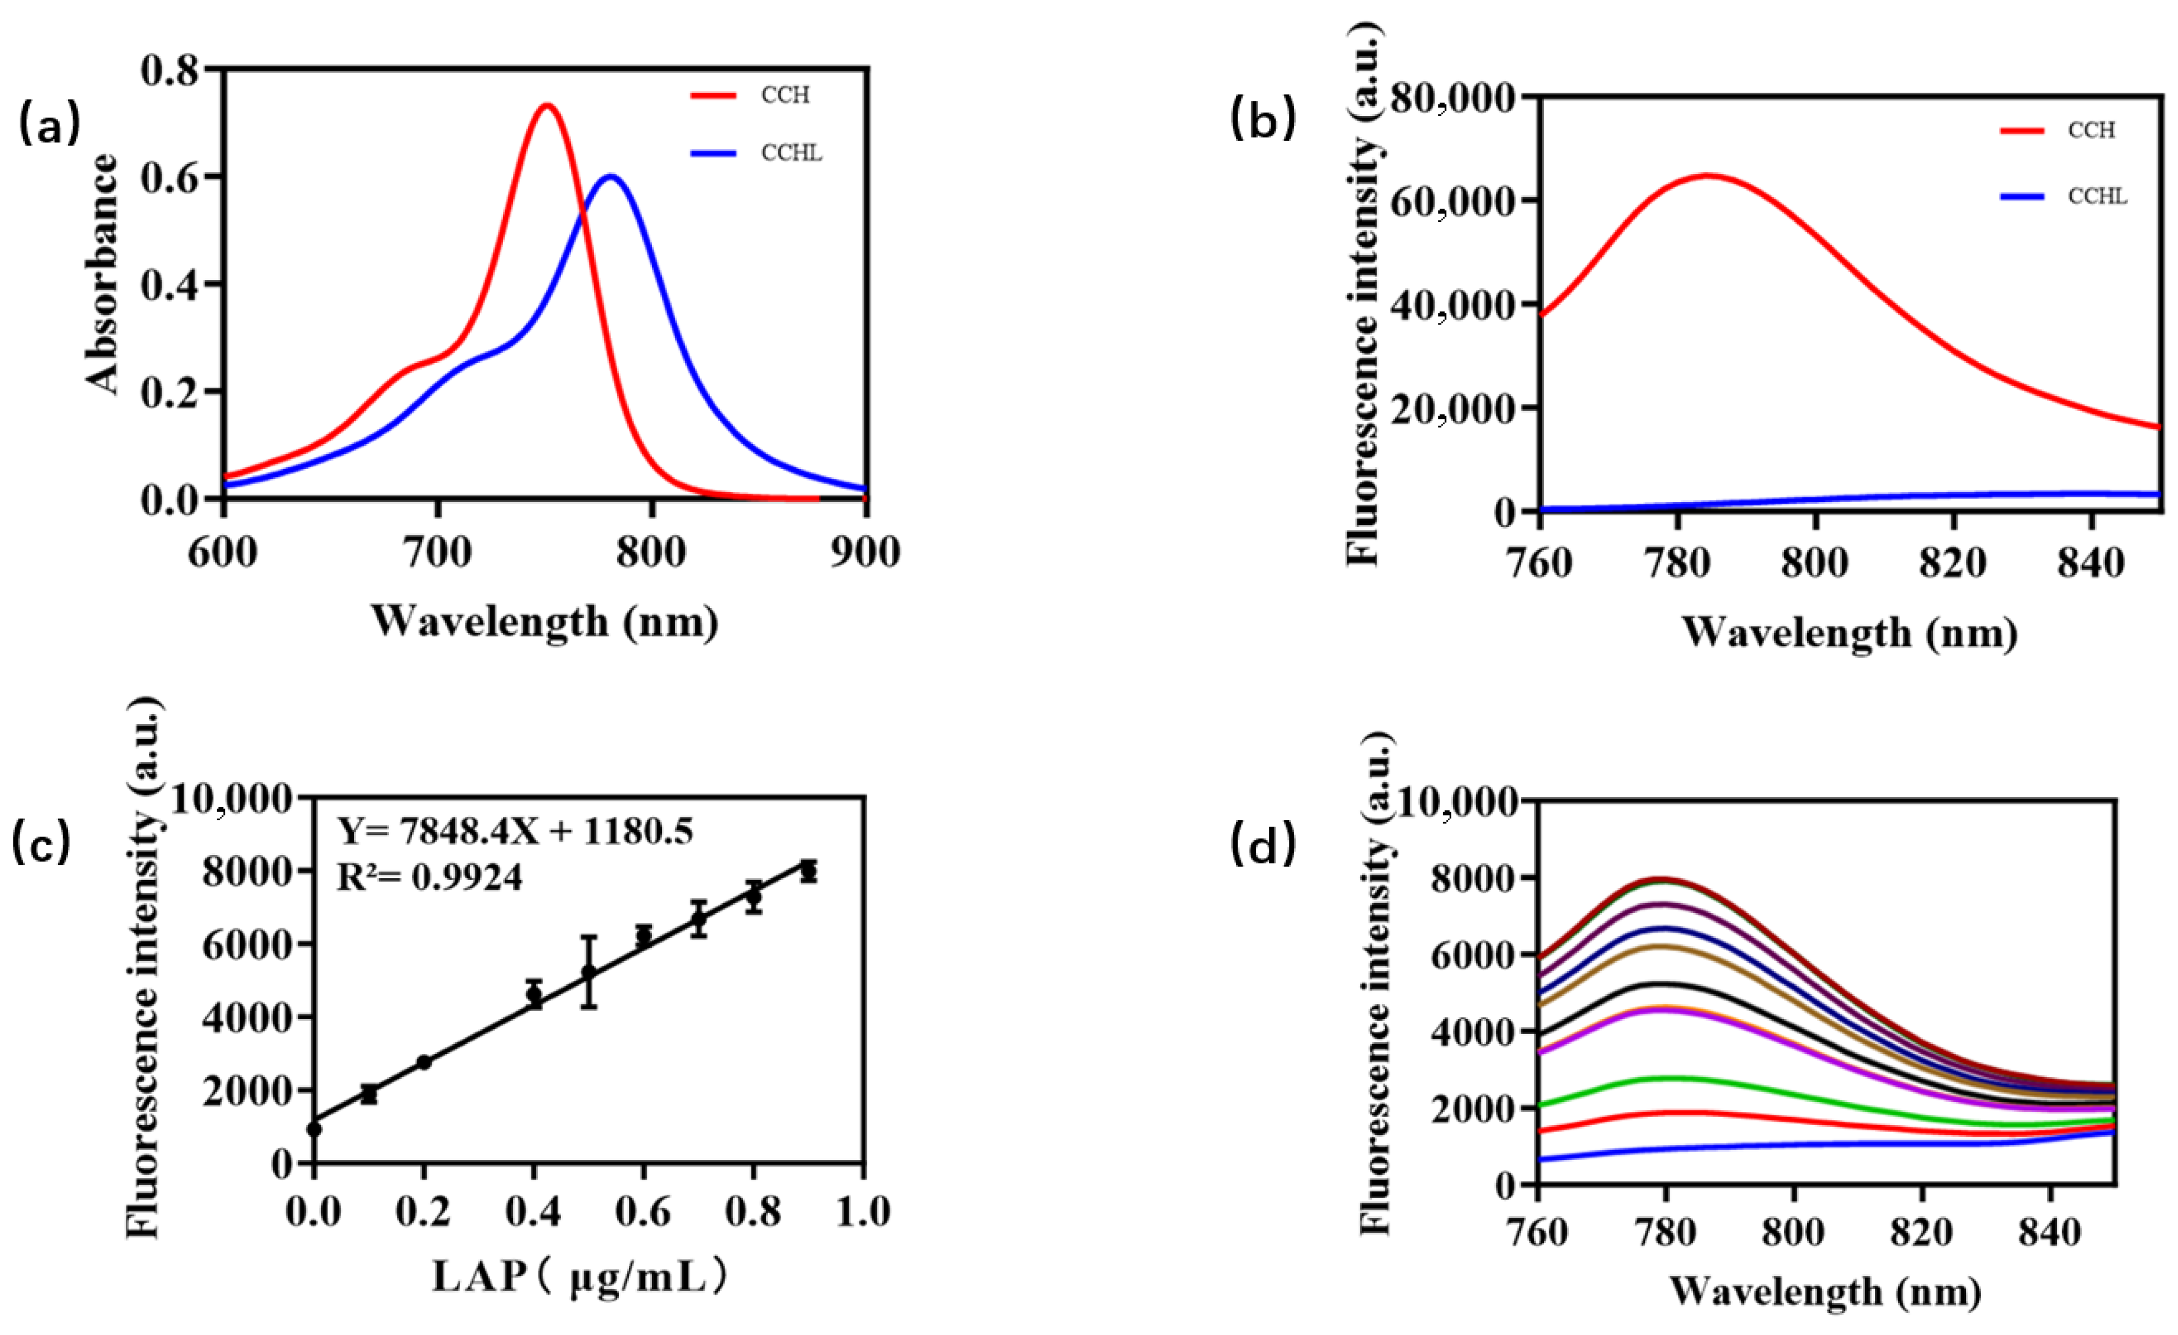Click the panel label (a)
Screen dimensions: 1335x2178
pyautogui.click(x=49, y=125)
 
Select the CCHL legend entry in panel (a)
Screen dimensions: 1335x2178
pyautogui.click(x=791, y=154)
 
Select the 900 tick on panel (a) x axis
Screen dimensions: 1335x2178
pyautogui.click(x=865, y=552)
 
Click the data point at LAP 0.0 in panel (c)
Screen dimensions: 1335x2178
pyautogui.click(x=314, y=1129)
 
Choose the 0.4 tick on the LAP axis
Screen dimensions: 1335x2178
pyautogui.click(x=533, y=1211)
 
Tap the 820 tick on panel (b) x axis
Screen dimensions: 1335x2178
pyautogui.click(x=1953, y=562)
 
